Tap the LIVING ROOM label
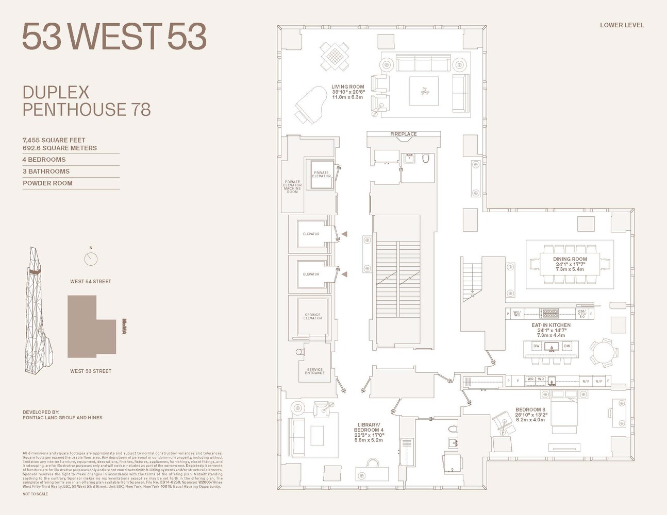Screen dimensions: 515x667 (x=347, y=87)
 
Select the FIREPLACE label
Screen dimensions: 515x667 (x=403, y=134)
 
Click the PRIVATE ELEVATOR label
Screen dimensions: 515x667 (x=321, y=175)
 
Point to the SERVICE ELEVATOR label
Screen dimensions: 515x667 (x=312, y=316)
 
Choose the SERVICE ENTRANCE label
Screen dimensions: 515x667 (x=314, y=371)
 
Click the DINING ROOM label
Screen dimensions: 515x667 (x=570, y=260)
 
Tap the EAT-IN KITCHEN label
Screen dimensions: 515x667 (x=551, y=325)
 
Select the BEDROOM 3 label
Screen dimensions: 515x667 (x=530, y=410)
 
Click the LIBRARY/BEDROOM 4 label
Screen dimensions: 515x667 (x=369, y=427)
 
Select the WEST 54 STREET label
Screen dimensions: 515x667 (x=91, y=282)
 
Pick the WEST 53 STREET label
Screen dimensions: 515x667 (x=91, y=371)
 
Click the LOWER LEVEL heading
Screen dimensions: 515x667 (x=622, y=25)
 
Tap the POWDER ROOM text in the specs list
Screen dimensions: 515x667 (x=47, y=183)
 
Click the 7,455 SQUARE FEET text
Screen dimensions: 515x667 (x=54, y=140)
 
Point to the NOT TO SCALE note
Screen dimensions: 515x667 (x=35, y=494)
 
